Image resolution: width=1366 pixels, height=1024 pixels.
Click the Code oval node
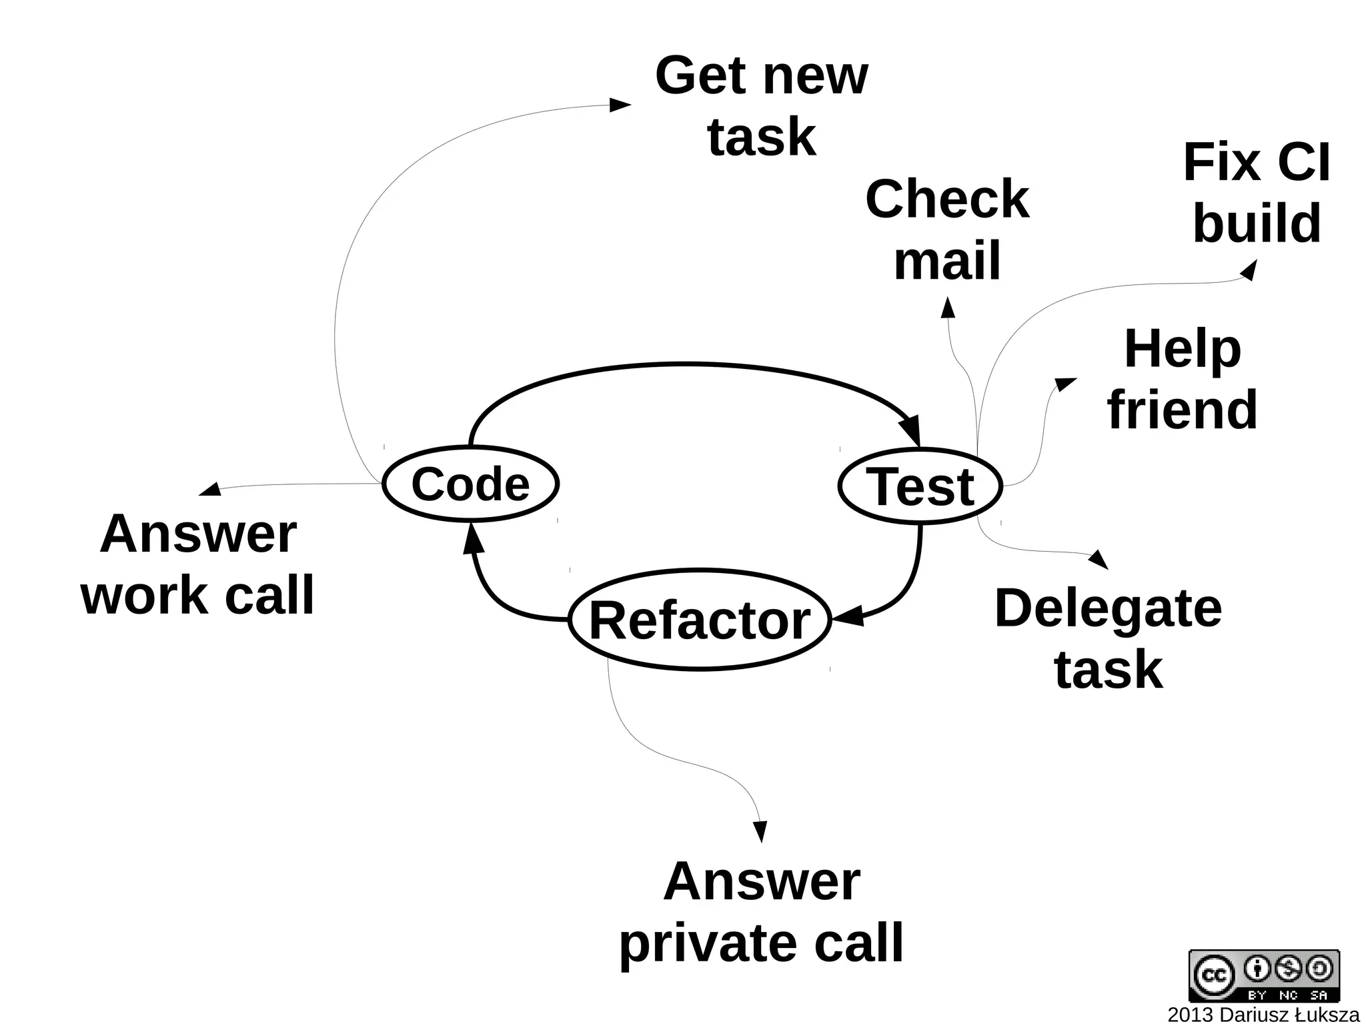(470, 484)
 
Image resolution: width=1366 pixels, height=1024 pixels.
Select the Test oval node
(920, 486)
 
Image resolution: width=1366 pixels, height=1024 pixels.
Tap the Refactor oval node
(700, 620)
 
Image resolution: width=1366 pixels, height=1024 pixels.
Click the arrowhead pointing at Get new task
(620, 105)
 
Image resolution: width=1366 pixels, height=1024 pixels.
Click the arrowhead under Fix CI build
(1249, 270)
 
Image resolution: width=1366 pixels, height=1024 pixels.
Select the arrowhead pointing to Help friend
(1065, 384)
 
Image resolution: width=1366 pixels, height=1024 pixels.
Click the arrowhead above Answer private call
(760, 831)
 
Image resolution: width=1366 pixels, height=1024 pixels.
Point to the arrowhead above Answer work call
(210, 490)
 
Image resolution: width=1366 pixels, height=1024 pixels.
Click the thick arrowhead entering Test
(912, 430)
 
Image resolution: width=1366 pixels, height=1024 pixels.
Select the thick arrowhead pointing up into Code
(473, 539)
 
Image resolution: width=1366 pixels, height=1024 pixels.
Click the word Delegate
(1108, 608)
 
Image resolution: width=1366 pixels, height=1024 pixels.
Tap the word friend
(1182, 410)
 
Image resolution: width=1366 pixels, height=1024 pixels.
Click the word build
(1257, 223)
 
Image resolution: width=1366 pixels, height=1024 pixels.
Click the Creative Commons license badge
(1263, 975)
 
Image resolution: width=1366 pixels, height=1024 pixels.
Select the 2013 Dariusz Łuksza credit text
(1263, 1015)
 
